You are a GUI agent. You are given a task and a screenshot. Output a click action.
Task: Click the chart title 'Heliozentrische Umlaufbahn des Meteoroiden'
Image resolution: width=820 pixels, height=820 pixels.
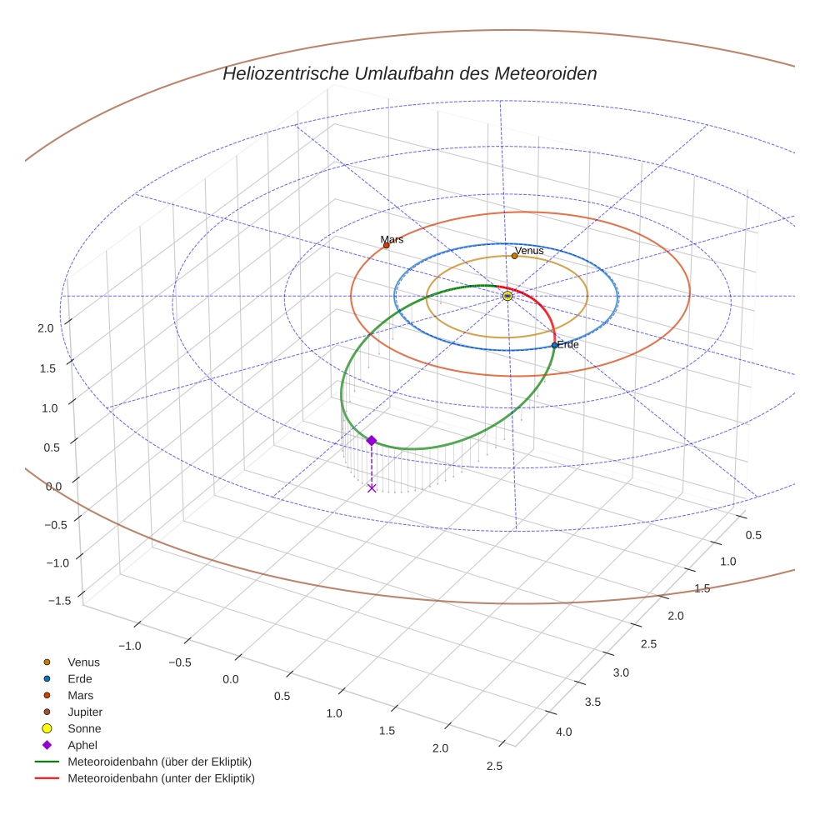[x=409, y=73]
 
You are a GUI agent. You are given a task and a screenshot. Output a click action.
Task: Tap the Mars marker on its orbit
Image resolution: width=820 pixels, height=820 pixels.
[x=386, y=245]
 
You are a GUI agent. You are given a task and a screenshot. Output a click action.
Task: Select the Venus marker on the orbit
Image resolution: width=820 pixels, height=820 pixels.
[x=514, y=256]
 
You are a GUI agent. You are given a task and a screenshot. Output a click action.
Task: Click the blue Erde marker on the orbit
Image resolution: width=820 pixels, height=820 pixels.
[x=554, y=345]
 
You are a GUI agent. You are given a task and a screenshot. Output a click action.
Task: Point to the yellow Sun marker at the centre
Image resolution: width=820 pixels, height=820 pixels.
[x=507, y=296]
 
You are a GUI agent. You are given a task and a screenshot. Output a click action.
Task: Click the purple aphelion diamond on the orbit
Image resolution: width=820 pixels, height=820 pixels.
[x=372, y=440]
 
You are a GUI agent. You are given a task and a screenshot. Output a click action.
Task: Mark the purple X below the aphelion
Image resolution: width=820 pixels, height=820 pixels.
[x=372, y=487]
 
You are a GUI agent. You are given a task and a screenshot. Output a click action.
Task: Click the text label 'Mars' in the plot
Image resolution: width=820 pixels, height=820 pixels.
[x=392, y=239]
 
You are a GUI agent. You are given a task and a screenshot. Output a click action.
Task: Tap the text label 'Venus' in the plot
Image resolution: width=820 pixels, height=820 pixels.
[x=529, y=250]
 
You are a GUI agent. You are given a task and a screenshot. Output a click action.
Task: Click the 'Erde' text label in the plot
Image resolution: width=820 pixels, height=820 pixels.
[x=568, y=344]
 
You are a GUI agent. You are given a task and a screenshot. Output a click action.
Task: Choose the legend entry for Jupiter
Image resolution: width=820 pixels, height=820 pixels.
[x=84, y=712]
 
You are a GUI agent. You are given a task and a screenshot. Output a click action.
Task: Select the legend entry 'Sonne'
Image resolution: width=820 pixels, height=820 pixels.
[x=84, y=728]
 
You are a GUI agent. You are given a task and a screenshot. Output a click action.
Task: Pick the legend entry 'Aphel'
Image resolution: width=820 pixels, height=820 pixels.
[x=82, y=745]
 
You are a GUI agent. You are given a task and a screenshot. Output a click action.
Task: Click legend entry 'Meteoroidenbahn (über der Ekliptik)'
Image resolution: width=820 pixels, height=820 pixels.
[x=159, y=762]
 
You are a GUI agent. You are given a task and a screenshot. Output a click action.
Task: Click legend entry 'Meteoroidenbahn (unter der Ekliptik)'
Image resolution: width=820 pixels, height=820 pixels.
[x=161, y=778]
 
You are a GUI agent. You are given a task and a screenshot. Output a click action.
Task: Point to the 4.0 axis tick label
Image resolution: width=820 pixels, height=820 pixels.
[x=563, y=732]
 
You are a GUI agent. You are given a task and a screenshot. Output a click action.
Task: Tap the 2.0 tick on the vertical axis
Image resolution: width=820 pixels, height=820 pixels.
[x=46, y=328]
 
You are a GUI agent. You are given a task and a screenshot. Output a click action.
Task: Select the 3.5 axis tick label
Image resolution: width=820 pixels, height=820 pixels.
[x=592, y=702]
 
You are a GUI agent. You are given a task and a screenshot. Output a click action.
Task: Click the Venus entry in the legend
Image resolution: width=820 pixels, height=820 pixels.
[x=83, y=662]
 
